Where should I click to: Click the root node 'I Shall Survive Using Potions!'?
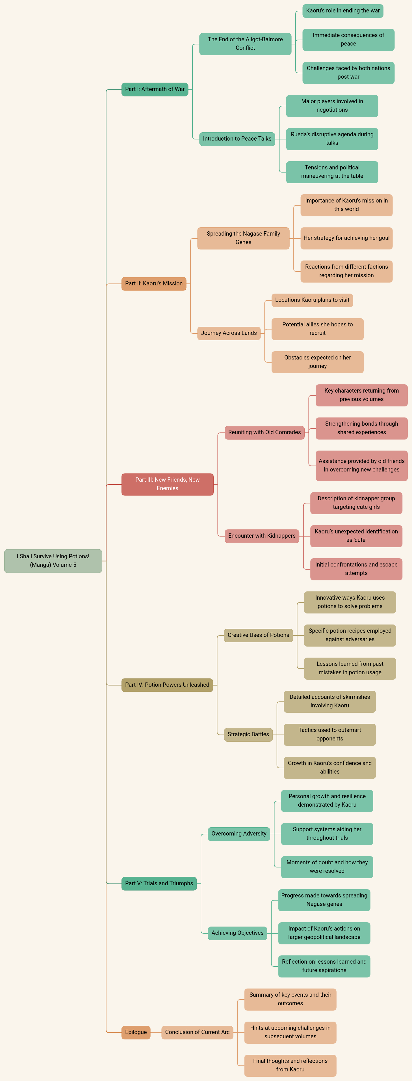pos(53,561)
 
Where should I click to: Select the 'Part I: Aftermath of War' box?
pos(155,89)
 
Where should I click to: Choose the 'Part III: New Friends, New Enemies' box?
pos(167,484)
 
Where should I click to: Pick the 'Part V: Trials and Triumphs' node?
pos(159,883)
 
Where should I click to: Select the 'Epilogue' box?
pos(136,1032)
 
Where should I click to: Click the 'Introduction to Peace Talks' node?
pos(237,139)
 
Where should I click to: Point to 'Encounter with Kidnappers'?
pos(262,536)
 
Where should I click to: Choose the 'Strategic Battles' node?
pos(248,734)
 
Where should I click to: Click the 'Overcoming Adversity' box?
pos(238,834)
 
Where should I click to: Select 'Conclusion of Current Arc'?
pos(197,1032)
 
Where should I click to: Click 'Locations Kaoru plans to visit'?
pos(312,300)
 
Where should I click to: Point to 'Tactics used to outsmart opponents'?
pos(329,734)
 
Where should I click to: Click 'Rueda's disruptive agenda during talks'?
pos(332,139)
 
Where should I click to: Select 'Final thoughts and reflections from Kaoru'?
pos(290,1065)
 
